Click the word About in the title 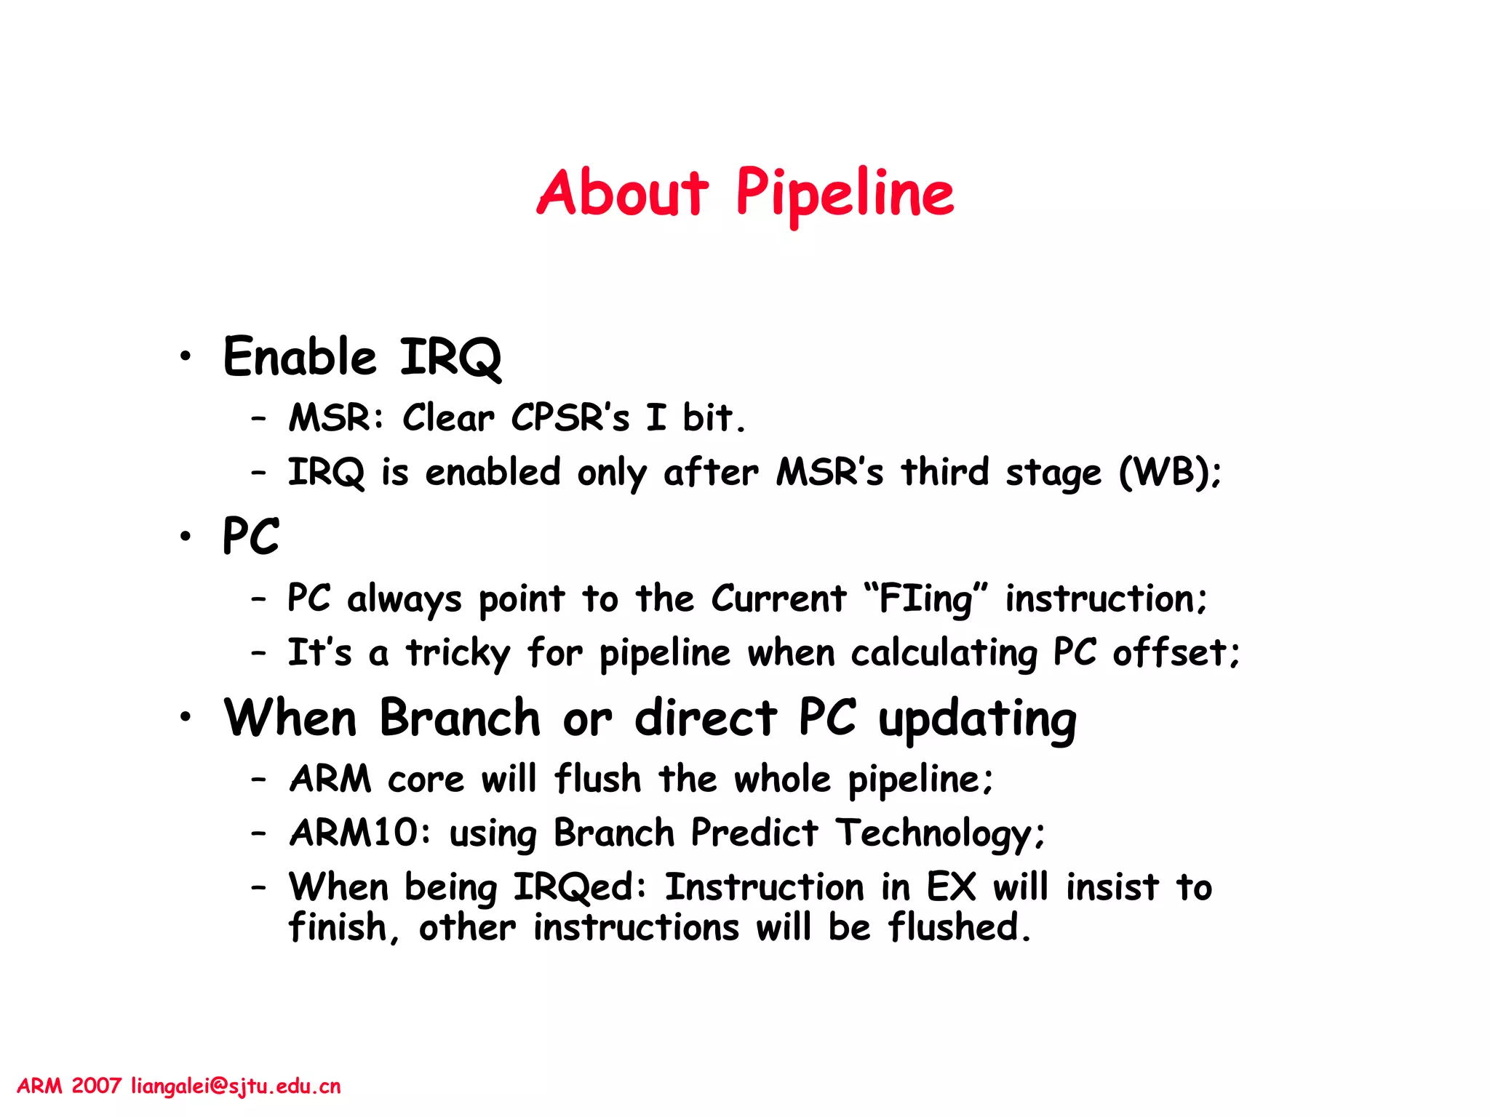pos(622,193)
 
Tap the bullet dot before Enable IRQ pos(186,356)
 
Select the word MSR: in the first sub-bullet pos(336,418)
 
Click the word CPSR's pos(570,418)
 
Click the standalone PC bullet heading pos(250,537)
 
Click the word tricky pos(458,653)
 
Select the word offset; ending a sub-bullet pos(1175,652)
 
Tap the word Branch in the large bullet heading pos(460,718)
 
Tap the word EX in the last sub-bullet pos(950,887)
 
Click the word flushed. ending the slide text pos(959,928)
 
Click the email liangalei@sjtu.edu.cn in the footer pos(236,1086)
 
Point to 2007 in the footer pos(96,1086)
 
